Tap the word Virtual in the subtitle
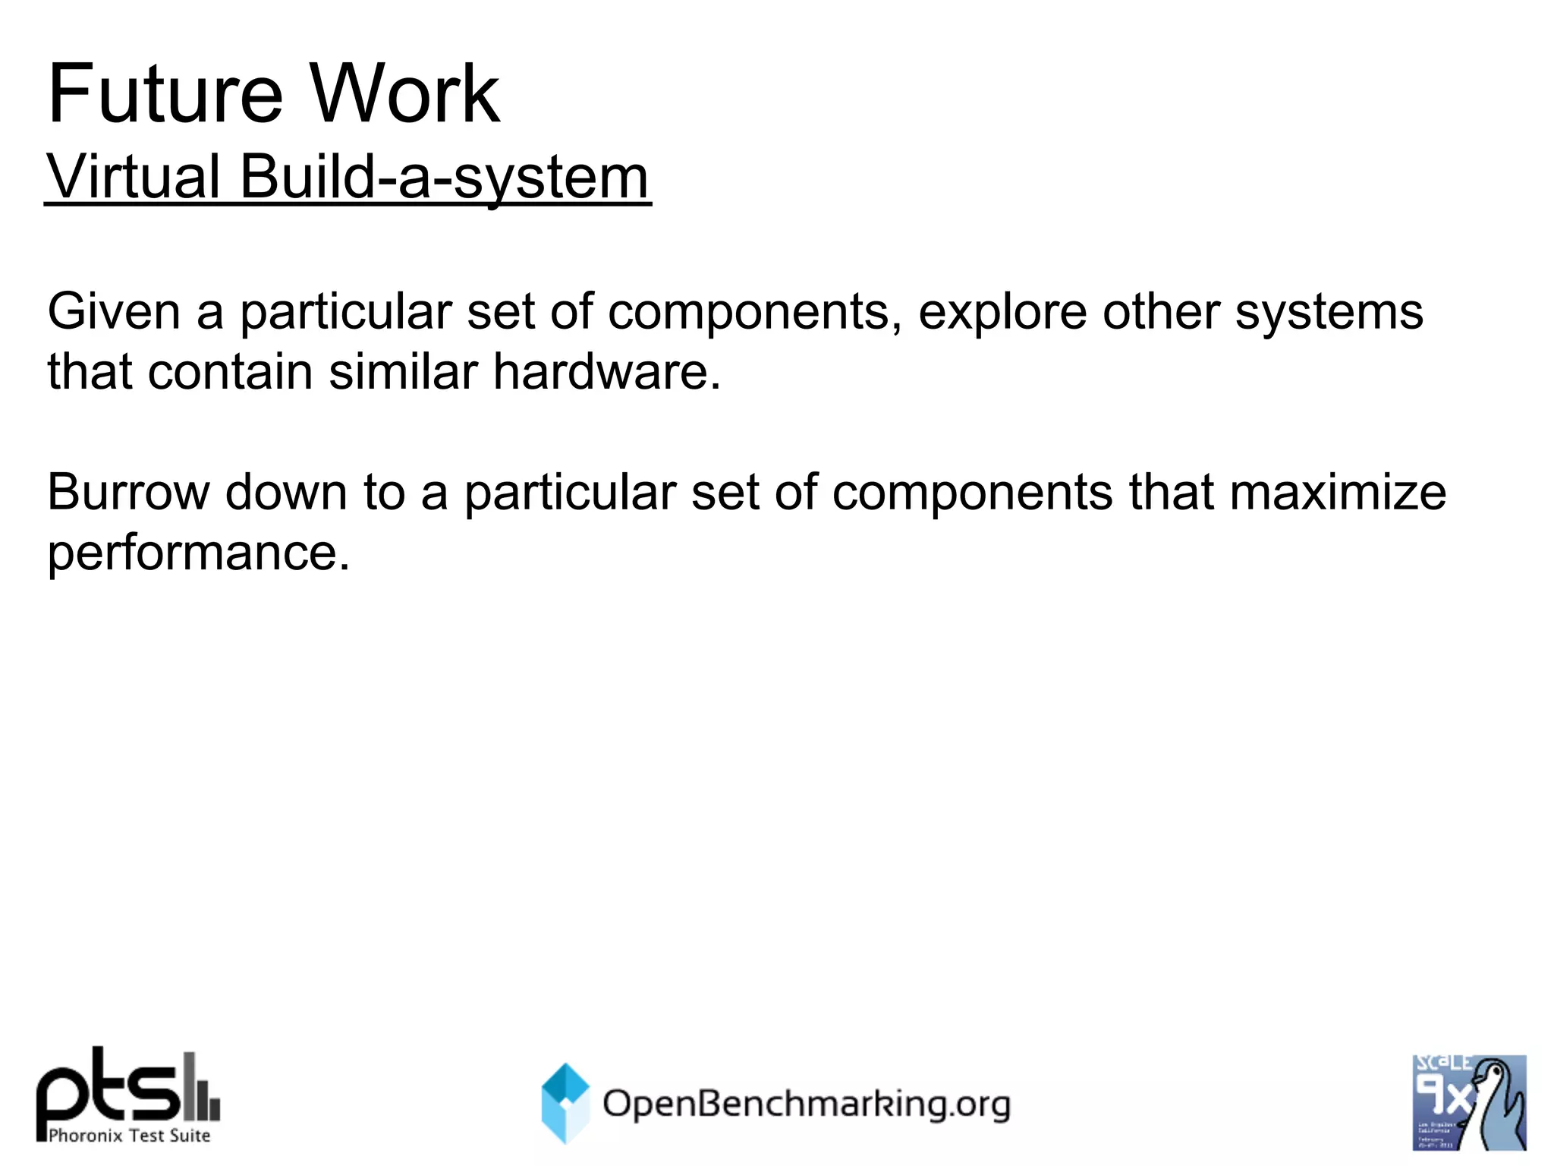point(134,177)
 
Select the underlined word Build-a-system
point(445,177)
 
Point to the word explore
point(1002,313)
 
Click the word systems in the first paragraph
point(1329,313)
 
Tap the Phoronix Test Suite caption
point(129,1136)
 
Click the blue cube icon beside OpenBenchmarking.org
point(565,1103)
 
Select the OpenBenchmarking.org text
point(806,1104)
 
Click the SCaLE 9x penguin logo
point(1468,1102)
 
